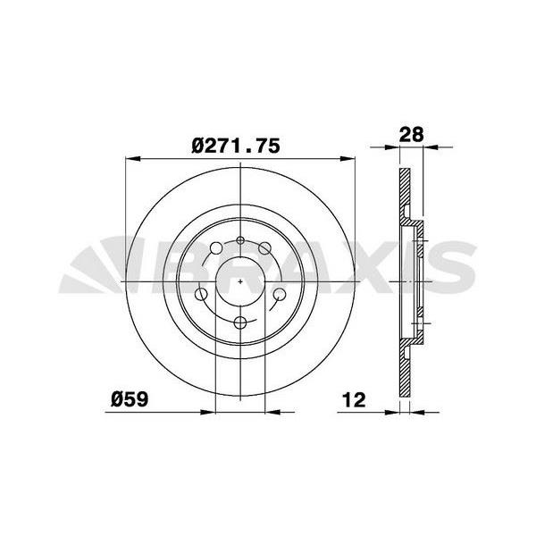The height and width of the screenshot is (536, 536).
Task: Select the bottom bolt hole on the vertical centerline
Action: click(x=242, y=323)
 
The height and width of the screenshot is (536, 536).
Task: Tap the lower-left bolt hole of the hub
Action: click(x=201, y=295)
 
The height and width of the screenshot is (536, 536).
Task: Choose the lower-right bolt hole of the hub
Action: click(x=279, y=295)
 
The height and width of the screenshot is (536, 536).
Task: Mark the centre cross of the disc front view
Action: click(x=242, y=281)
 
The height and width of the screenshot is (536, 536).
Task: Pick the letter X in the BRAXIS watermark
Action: click(x=364, y=266)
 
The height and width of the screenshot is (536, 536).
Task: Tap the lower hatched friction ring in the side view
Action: click(x=405, y=371)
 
